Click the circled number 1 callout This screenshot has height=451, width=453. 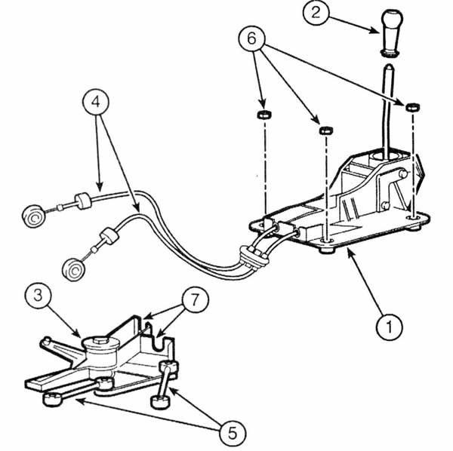[389, 327]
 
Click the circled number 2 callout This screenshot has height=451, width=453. [316, 12]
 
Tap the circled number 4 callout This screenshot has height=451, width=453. [96, 102]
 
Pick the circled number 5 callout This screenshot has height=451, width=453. [233, 433]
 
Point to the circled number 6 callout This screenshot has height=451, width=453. [251, 38]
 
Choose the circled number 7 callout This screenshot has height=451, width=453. [195, 299]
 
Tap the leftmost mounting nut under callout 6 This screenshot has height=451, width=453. [264, 115]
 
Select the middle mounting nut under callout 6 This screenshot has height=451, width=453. [326, 130]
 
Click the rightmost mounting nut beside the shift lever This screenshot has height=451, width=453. [412, 107]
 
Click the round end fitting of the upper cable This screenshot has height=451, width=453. [33, 216]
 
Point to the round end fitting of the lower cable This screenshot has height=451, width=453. [74, 270]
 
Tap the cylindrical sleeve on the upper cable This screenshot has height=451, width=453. [83, 201]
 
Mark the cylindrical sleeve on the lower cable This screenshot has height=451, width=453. [109, 236]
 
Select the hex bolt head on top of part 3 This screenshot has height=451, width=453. [101, 340]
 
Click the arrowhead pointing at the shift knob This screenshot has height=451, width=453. [374, 30]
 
